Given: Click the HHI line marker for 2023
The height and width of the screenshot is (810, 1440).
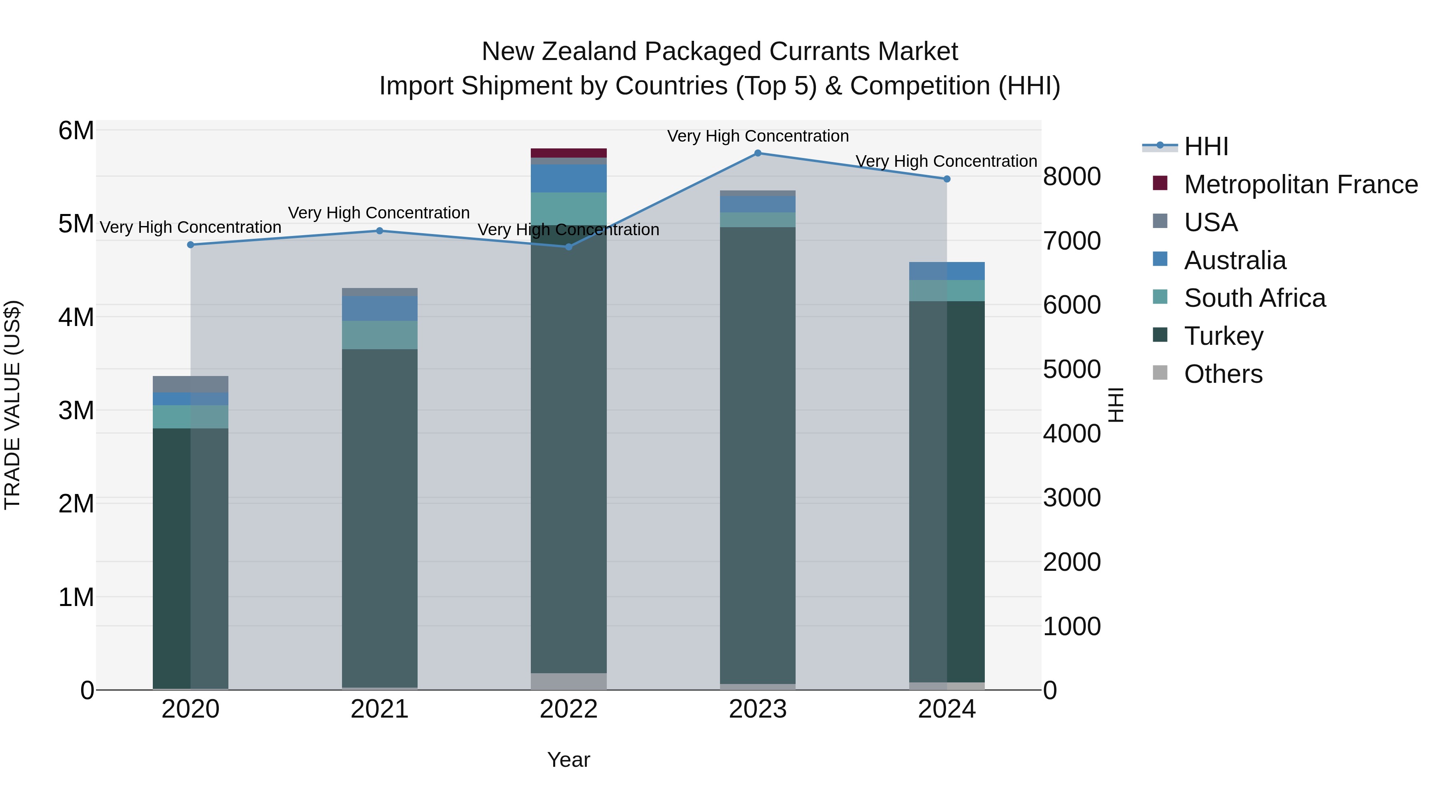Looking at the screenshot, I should click(x=758, y=153).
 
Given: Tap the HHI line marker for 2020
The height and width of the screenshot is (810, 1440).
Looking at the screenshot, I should click(x=191, y=245).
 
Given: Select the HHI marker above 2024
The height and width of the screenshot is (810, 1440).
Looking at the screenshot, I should click(x=947, y=179).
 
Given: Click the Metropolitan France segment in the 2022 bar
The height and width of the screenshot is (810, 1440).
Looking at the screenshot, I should click(x=568, y=153).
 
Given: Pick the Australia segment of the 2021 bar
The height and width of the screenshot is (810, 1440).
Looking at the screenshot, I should click(x=380, y=308).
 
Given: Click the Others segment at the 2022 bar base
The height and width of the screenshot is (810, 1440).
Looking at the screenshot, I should click(x=568, y=682).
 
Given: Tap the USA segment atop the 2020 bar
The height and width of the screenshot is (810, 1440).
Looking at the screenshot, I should click(x=191, y=384).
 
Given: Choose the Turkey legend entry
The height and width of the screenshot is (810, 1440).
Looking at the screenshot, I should click(x=1224, y=336).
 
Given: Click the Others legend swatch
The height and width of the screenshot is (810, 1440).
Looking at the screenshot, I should click(x=1160, y=373).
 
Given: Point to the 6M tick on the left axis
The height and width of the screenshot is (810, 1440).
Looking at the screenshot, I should click(x=76, y=131).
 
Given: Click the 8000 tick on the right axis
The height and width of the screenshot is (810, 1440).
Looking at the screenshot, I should click(x=1072, y=177).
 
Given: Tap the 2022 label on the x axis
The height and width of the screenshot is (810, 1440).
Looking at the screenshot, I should click(x=568, y=709).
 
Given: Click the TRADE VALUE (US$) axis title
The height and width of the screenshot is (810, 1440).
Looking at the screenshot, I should click(x=12, y=405).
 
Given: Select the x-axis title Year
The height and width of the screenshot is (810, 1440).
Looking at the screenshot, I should click(x=568, y=760).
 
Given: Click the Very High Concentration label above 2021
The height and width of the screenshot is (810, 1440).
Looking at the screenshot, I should click(x=379, y=213).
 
